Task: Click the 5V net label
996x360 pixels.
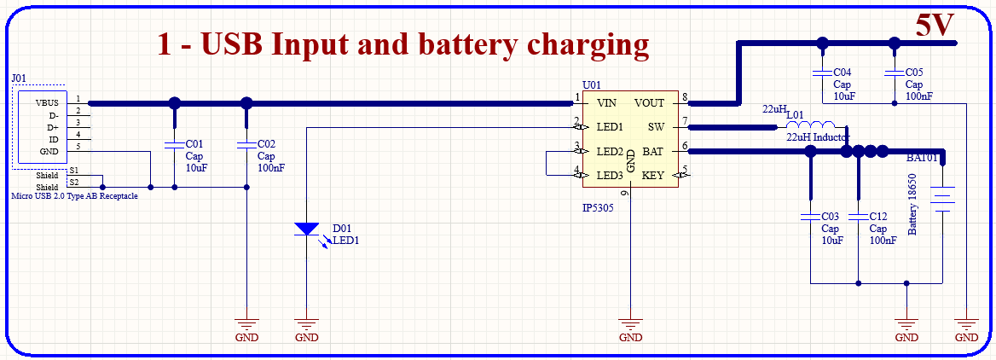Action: pyautogui.click(x=935, y=25)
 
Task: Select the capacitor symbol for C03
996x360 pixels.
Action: pyautogui.click(x=809, y=216)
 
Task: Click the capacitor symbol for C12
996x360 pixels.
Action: pyautogui.click(x=858, y=216)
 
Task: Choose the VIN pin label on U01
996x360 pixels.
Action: pyautogui.click(x=607, y=103)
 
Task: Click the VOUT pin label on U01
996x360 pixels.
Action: pyautogui.click(x=650, y=103)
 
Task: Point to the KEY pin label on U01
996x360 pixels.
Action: pyautogui.click(x=652, y=176)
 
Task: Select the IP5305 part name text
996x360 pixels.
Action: pyautogui.click(x=603, y=206)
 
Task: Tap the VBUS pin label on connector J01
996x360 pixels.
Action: pyautogui.click(x=47, y=102)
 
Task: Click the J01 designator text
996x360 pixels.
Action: pyautogui.click(x=19, y=78)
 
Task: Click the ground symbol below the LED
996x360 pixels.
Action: pyautogui.click(x=306, y=326)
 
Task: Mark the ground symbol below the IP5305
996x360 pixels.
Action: pyautogui.click(x=630, y=326)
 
